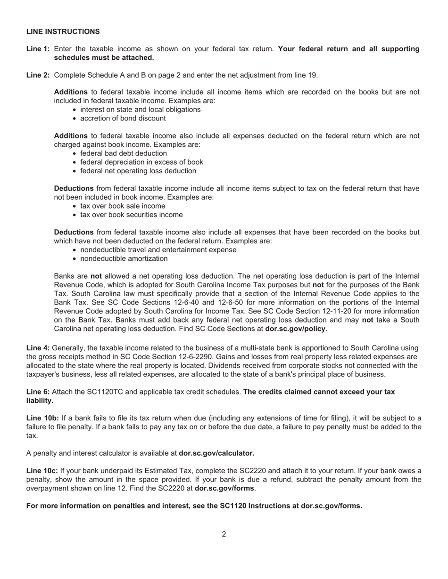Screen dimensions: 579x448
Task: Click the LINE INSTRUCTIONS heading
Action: [63, 32]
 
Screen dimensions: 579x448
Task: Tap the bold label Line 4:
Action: [38, 348]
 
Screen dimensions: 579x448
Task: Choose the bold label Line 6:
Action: [38, 392]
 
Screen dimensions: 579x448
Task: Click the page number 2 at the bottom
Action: [224, 534]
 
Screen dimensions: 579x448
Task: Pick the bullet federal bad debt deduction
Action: [123, 153]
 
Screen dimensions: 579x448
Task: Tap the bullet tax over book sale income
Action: [123, 206]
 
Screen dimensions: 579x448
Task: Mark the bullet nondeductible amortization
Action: [124, 258]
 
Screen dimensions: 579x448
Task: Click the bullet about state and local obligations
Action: [140, 109]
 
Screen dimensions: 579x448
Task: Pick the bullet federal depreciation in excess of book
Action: [141, 162]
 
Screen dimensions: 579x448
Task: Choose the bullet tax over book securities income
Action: [131, 215]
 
